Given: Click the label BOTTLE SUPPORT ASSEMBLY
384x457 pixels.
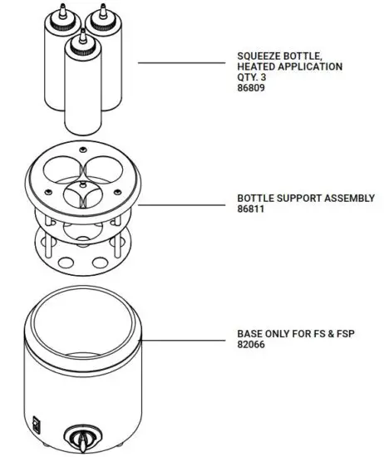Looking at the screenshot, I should click(x=306, y=199).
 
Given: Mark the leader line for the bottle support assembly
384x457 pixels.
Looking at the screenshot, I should click(x=183, y=204).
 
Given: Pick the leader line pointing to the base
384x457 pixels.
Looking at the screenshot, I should click(x=187, y=338).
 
